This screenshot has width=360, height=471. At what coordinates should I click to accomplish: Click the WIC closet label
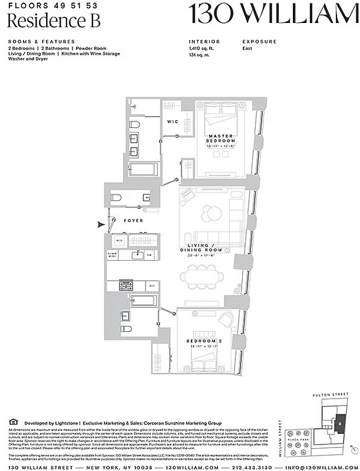click(173, 122)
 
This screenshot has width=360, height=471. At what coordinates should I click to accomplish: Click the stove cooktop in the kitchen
click(126, 286)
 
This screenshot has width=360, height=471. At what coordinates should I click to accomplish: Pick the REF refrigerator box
click(151, 286)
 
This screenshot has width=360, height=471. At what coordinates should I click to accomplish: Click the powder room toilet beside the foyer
click(117, 197)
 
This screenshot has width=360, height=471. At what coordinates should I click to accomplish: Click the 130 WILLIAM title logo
click(273, 14)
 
